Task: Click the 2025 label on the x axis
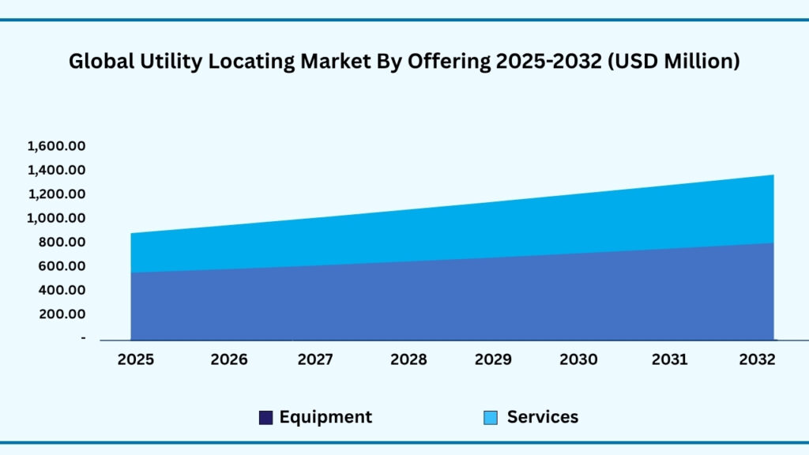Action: (136, 359)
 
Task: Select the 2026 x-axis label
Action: (229, 359)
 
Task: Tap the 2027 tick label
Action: (316, 359)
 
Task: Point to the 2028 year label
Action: (408, 359)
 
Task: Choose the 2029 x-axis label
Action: (493, 359)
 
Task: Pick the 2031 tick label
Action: (669, 359)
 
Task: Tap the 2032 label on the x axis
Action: (757, 359)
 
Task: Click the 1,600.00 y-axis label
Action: (56, 146)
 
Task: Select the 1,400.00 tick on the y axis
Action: (56, 170)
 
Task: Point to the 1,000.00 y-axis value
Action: (56, 218)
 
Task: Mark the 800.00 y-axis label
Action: (63, 242)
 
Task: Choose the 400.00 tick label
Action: (63, 290)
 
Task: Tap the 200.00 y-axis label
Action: (63, 314)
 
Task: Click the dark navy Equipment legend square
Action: (266, 418)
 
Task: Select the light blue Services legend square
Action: (491, 418)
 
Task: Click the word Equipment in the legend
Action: (325, 417)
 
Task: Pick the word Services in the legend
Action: (543, 417)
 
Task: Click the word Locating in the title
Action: (245, 62)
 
